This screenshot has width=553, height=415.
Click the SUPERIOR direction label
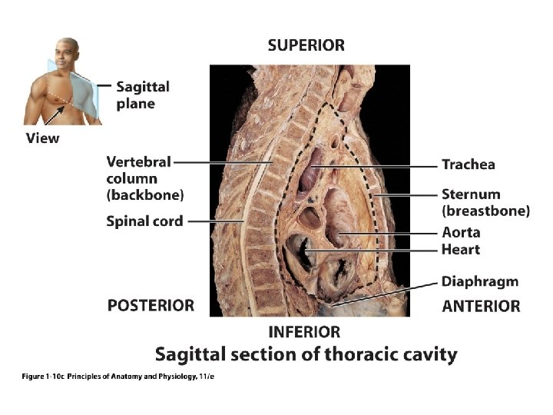(306, 45)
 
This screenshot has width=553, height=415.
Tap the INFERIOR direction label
(304, 332)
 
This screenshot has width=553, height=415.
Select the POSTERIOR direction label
(151, 305)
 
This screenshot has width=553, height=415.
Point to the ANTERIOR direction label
(481, 306)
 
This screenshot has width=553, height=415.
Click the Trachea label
(468, 164)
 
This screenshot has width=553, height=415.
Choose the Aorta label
(461, 232)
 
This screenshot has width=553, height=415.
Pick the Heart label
(460, 249)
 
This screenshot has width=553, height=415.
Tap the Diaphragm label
(479, 282)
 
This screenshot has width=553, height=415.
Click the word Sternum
(470, 194)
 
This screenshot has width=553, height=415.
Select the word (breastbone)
(485, 211)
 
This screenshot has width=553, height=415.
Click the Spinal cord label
(144, 221)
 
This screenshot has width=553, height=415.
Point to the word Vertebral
(138, 162)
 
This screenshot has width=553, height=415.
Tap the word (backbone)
(145, 195)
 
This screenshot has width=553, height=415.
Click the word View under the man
(42, 138)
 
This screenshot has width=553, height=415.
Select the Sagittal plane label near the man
(143, 95)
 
